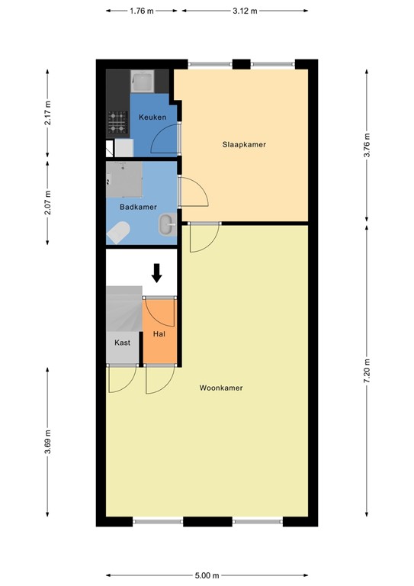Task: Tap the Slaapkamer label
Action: (244, 144)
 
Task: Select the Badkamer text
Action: (138, 207)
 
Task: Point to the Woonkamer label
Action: (221, 388)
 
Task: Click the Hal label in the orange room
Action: (159, 333)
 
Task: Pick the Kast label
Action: (123, 343)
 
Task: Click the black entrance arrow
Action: (157, 272)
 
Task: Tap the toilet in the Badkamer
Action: (118, 233)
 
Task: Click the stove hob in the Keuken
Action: (117, 120)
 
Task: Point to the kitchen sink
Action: (141, 80)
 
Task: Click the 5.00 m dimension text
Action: (207, 575)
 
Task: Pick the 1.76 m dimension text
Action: (143, 11)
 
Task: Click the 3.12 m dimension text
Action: (244, 11)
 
